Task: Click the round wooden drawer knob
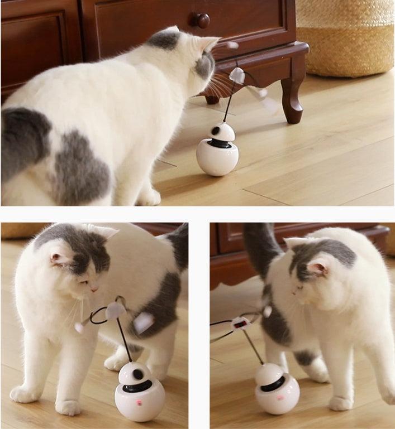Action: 202,21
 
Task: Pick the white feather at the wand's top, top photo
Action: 237,74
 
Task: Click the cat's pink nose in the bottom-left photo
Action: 94,290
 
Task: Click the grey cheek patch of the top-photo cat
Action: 203,66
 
